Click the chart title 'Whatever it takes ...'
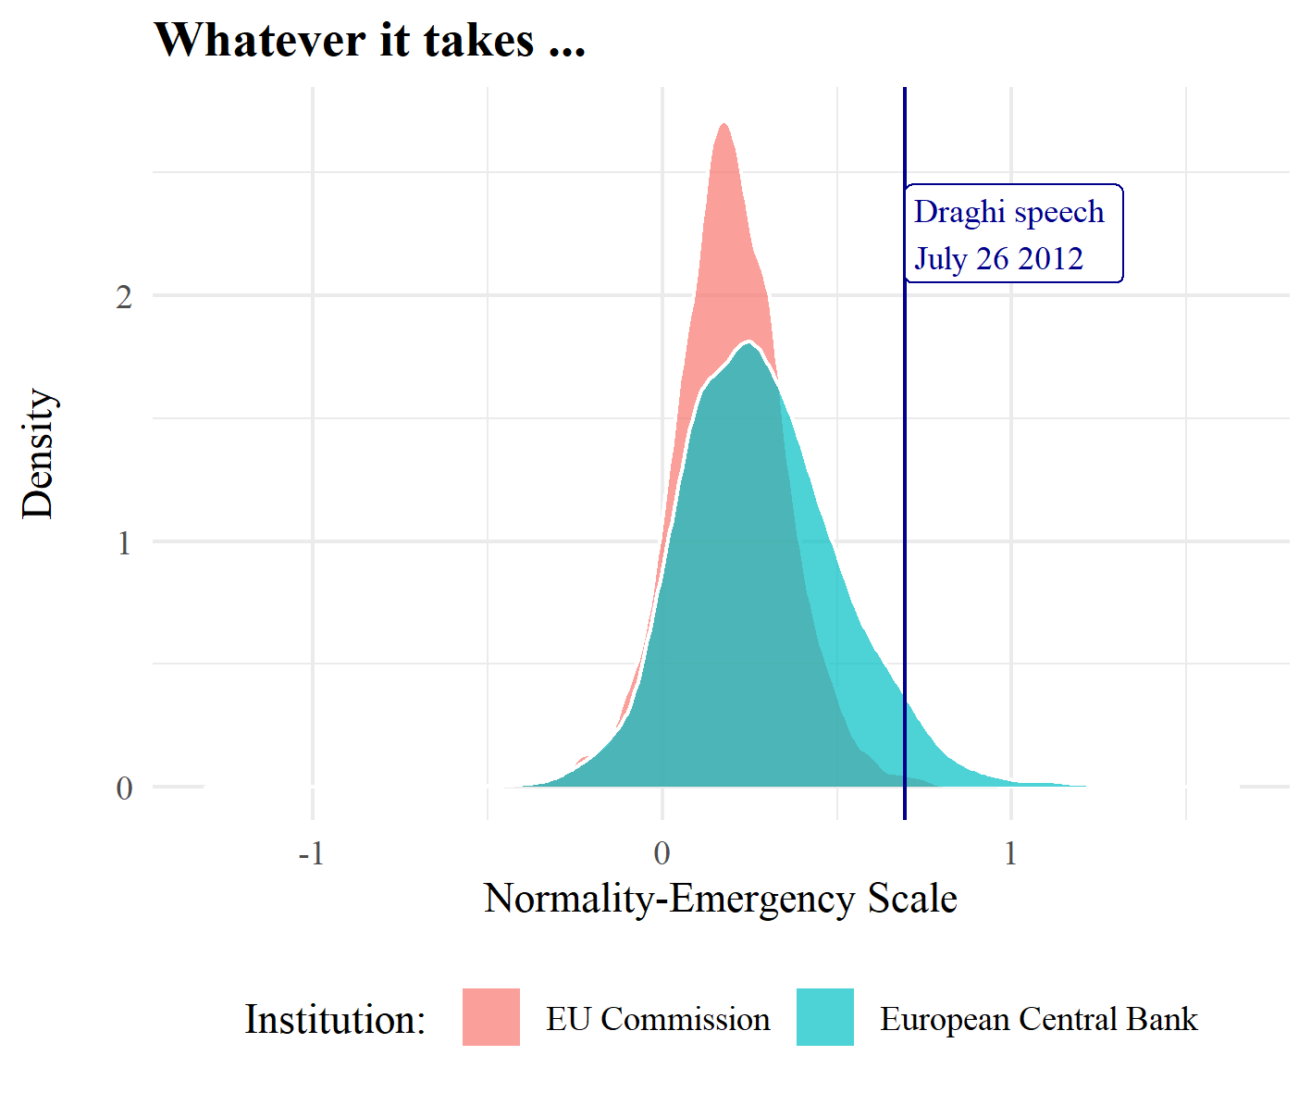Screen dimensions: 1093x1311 click(369, 41)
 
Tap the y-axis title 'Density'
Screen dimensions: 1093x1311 click(39, 453)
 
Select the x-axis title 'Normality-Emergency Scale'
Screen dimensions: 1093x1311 click(720, 899)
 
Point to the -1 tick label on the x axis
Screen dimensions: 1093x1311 click(312, 853)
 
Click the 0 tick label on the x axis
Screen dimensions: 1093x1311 click(662, 853)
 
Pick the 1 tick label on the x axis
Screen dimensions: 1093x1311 click(1010, 853)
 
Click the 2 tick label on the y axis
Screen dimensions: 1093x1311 click(124, 297)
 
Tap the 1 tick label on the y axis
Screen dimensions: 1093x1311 click(124, 542)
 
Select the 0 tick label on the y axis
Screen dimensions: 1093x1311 click(124, 789)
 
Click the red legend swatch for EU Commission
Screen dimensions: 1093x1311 click(491, 1017)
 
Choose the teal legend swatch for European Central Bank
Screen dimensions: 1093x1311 click(825, 1017)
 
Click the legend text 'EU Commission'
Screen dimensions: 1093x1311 click(658, 1019)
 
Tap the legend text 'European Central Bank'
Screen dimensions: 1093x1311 click(1038, 1019)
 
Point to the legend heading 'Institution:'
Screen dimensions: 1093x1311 click(335, 1020)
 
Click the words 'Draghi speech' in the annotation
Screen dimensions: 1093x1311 click(1008, 212)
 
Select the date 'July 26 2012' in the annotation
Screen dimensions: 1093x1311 click(998, 258)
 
